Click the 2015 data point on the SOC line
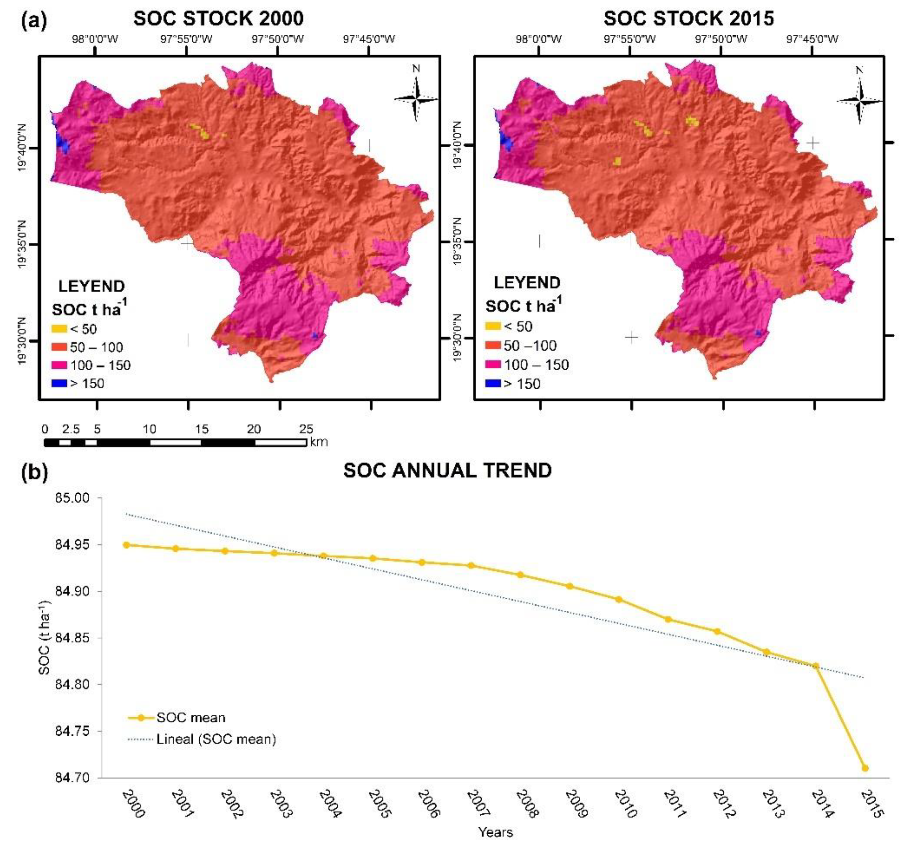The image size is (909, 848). tap(865, 768)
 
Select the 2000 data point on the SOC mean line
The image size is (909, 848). tap(126, 545)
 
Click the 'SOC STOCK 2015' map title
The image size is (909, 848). tap(689, 19)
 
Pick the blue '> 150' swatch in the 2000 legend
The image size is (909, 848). tap(59, 383)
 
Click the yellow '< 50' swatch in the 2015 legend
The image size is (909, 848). tap(493, 326)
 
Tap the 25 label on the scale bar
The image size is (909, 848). tap(306, 429)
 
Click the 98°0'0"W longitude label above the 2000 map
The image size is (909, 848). tap(95, 39)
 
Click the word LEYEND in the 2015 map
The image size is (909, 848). tap(527, 283)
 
